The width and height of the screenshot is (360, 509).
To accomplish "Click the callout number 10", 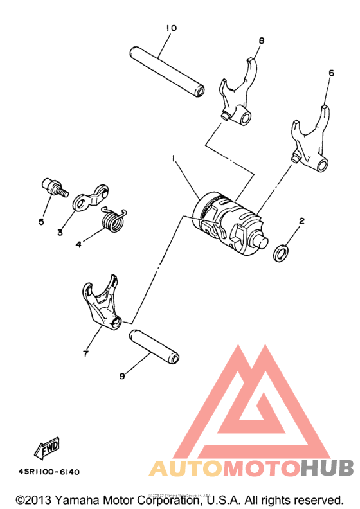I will tap(170, 28).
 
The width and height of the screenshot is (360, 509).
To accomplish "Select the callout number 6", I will tap(331, 73).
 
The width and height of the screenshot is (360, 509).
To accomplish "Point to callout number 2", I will tap(301, 220).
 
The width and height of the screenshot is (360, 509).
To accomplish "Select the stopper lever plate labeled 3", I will tap(89, 197).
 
